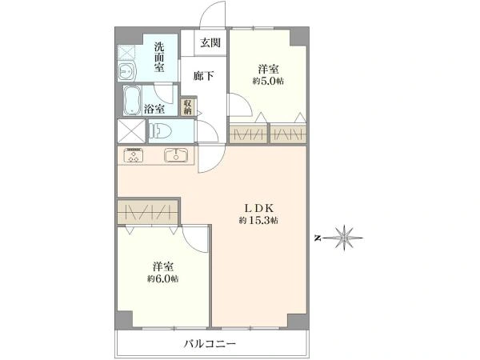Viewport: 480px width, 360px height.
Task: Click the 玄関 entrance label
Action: (x=210, y=42)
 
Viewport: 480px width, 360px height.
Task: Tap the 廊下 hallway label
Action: (x=203, y=76)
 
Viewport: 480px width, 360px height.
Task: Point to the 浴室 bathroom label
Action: (x=154, y=109)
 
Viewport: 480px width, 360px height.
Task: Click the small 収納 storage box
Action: (x=188, y=107)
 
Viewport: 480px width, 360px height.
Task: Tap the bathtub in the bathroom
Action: (x=132, y=100)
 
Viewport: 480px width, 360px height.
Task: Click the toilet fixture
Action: (x=160, y=130)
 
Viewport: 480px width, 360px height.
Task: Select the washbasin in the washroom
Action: (x=126, y=72)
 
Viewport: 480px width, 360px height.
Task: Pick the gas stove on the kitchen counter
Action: (x=133, y=155)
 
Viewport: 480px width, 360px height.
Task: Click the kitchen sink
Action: (x=176, y=155)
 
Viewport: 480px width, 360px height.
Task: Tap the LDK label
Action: (x=258, y=208)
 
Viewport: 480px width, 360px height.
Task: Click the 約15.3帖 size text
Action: (x=258, y=221)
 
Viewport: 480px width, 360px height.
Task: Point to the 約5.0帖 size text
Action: (x=268, y=81)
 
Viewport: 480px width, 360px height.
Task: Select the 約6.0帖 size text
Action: (x=163, y=279)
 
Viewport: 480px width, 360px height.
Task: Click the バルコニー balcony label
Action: (x=210, y=344)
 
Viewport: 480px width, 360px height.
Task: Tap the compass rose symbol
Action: (x=344, y=238)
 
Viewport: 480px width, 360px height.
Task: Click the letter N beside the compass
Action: (x=318, y=238)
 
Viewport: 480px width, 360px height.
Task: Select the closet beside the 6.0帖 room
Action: (x=147, y=211)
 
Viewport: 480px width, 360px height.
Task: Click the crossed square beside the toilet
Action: (x=131, y=131)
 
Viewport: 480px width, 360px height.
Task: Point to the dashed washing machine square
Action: (x=126, y=53)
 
